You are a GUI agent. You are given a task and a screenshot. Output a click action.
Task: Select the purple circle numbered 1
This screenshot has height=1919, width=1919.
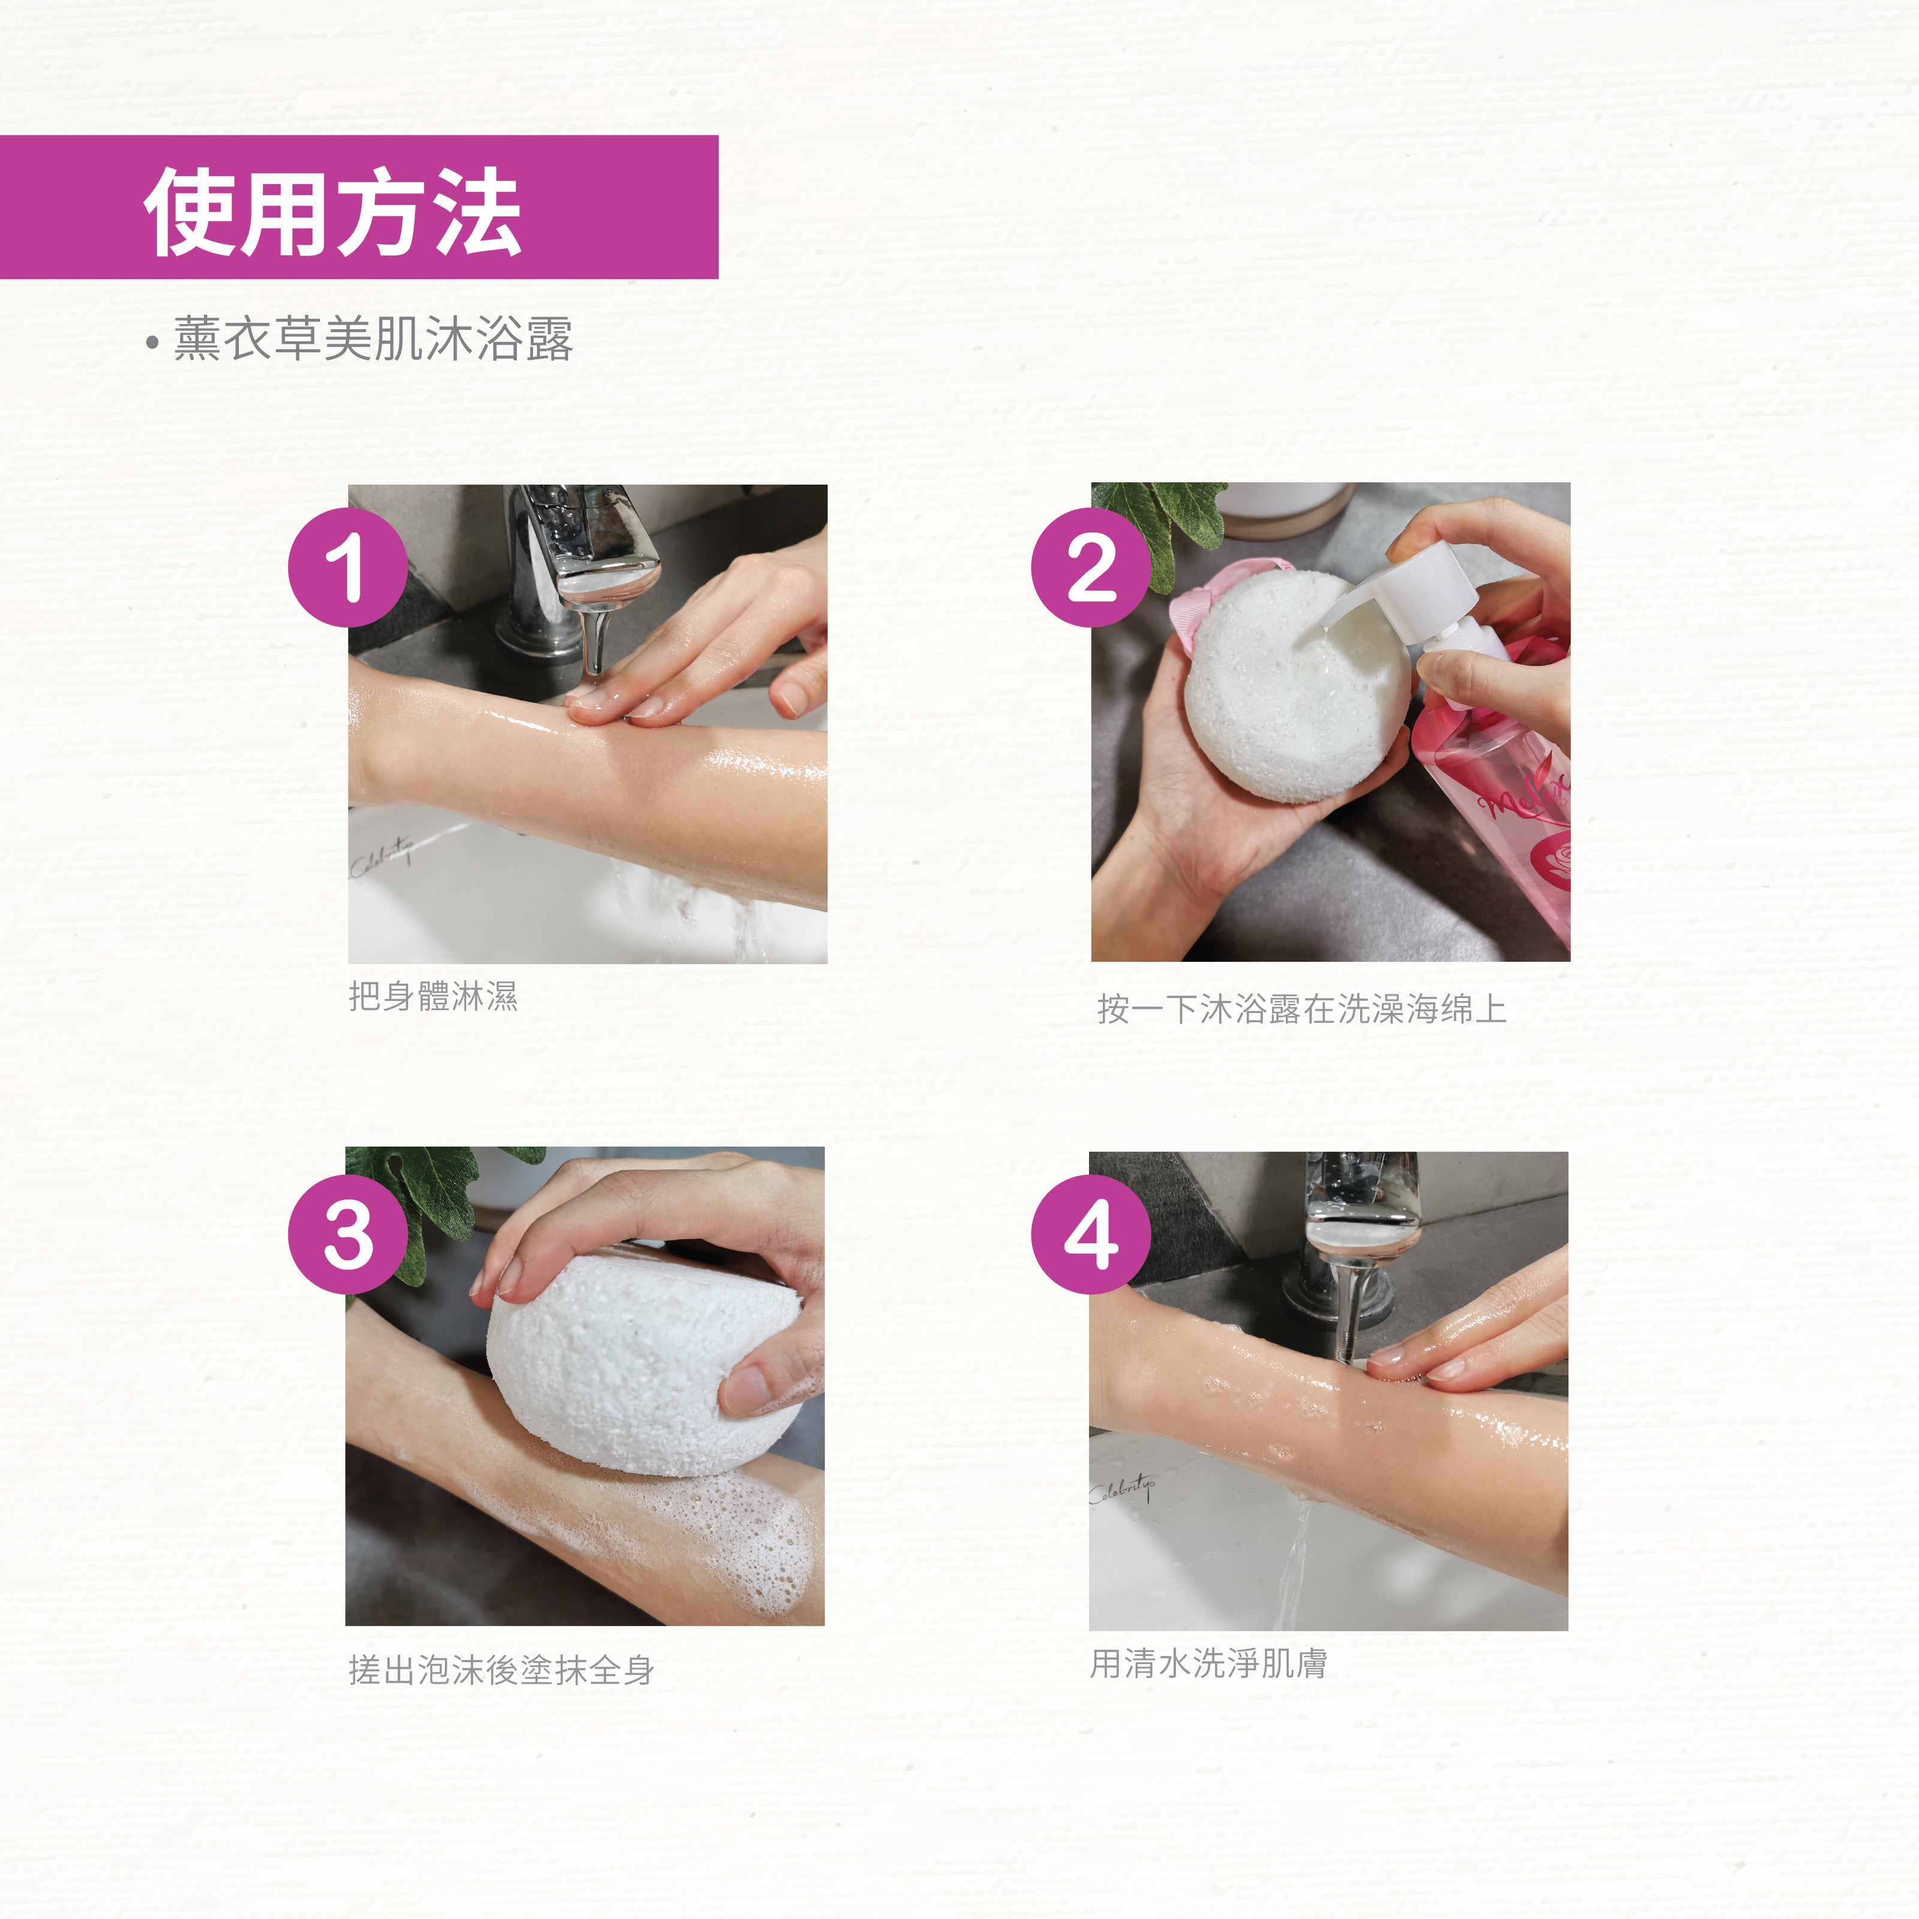348,567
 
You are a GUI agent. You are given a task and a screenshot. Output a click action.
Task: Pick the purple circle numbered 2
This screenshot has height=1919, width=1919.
1091,567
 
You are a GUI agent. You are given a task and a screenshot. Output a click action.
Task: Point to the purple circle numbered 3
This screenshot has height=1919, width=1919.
348,1235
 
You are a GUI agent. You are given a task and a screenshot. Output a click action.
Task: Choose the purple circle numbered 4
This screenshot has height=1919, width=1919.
1091,1235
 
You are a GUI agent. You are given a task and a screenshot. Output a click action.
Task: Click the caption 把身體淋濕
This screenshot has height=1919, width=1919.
433,996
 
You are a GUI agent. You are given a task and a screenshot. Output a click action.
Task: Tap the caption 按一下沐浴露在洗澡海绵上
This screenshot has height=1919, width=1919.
1301,1009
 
